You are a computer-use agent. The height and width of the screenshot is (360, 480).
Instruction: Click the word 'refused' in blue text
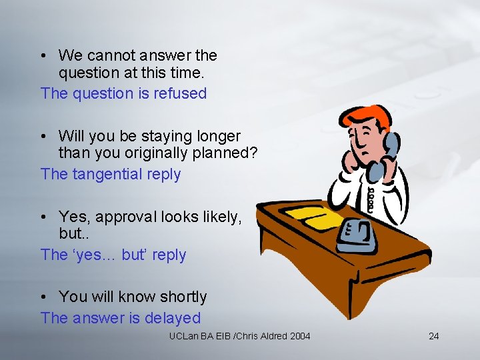pyautogui.click(x=180, y=93)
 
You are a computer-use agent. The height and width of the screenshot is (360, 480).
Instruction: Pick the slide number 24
pyautogui.click(x=433, y=336)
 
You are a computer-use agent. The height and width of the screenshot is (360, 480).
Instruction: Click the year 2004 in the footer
pyautogui.click(x=299, y=336)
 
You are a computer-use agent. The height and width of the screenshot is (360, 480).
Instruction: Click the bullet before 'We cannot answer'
pyautogui.click(x=44, y=55)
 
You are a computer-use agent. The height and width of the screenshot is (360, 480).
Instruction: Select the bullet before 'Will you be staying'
pyautogui.click(x=44, y=136)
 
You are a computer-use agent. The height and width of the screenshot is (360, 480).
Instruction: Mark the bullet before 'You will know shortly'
pyautogui.click(x=44, y=297)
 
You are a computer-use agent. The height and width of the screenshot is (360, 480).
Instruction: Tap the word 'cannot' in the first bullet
pyautogui.click(x=111, y=55)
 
